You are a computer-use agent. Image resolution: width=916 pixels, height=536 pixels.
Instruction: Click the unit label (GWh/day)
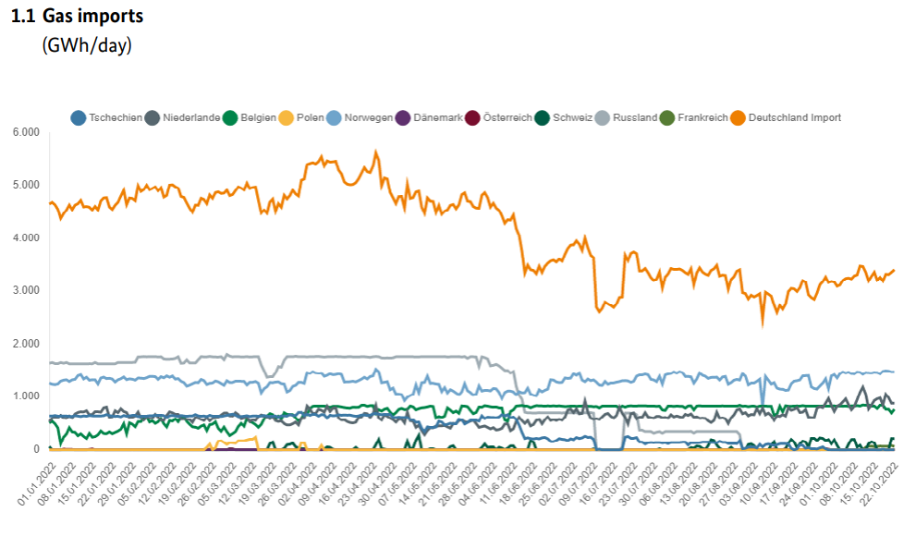click(87, 45)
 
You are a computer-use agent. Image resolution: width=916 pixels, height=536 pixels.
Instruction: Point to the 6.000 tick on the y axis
click(26, 132)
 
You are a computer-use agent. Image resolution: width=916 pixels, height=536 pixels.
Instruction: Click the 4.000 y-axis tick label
click(26, 238)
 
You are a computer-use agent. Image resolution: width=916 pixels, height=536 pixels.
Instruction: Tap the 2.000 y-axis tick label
click(26, 344)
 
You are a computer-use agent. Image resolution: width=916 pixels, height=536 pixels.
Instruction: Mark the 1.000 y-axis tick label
click(26, 396)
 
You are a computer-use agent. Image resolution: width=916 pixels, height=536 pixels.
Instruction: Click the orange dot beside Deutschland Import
click(738, 117)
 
